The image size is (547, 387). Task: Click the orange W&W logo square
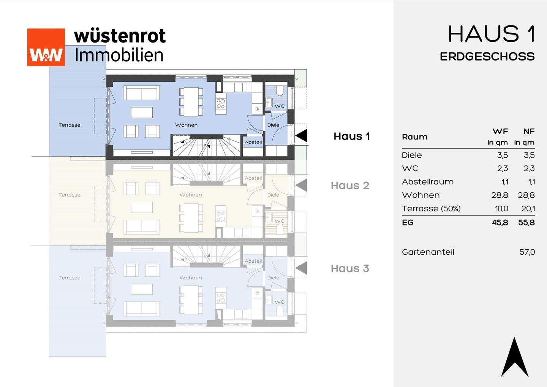point(46,47)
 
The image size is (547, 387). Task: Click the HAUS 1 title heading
point(491,34)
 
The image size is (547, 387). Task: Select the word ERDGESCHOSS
point(487,57)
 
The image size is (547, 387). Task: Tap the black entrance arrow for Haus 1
point(301,136)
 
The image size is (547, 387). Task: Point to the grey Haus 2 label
point(350,186)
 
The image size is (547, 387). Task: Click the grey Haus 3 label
point(350,268)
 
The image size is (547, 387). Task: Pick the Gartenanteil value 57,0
point(527,252)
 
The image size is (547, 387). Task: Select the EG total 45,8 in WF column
point(500,223)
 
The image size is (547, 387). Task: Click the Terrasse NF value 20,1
point(528,209)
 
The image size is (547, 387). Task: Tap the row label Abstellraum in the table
point(428,182)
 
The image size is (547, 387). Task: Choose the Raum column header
point(414,137)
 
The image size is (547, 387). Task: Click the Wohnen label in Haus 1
point(186,125)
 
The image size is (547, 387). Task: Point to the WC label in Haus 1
point(279,106)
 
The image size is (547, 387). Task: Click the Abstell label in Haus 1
point(253,142)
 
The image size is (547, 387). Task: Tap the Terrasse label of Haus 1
point(70,125)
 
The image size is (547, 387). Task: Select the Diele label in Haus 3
point(273,278)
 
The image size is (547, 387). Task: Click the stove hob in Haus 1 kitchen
point(221,104)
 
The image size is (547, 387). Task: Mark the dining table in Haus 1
point(191,102)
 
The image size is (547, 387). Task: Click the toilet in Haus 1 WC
point(280,91)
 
